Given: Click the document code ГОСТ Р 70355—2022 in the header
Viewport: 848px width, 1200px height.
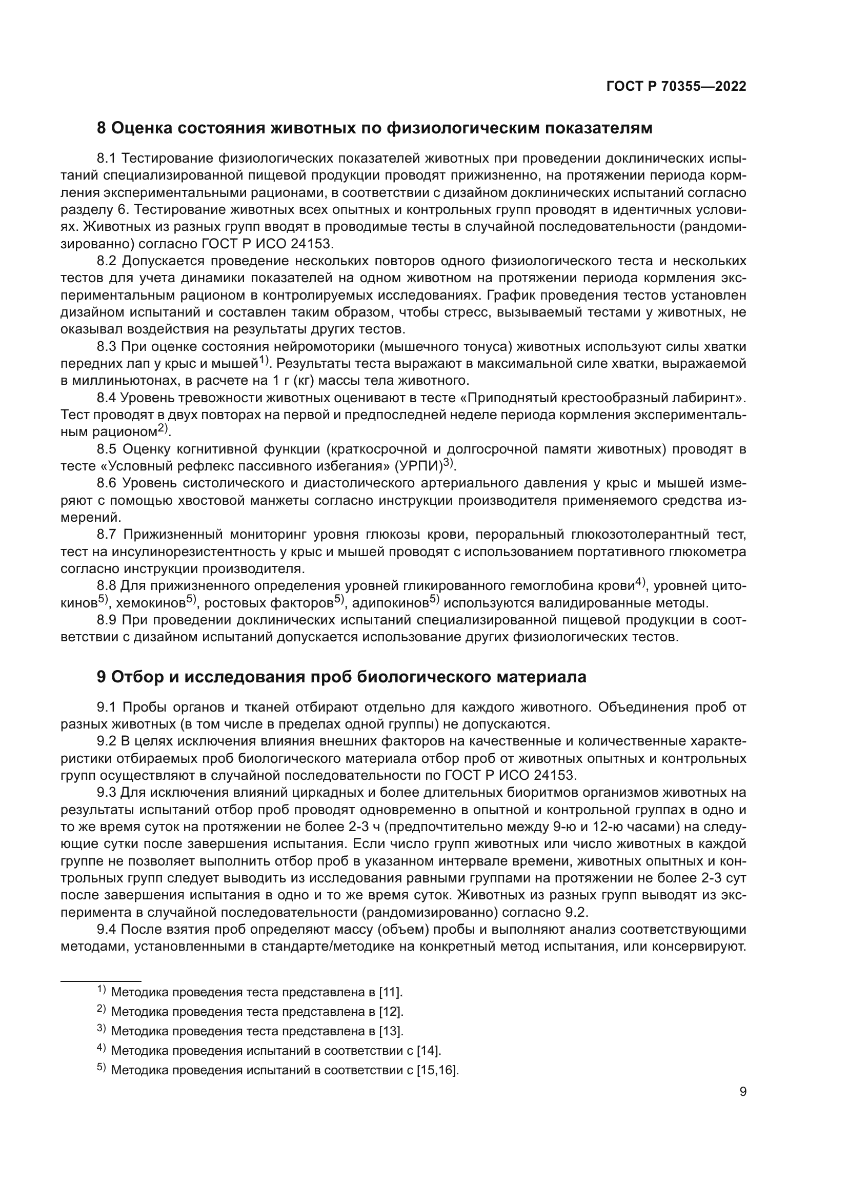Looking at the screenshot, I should (x=676, y=87).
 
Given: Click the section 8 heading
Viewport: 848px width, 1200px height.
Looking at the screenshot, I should (x=374, y=128).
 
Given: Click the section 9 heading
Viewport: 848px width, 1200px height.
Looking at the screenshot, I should (x=341, y=677).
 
